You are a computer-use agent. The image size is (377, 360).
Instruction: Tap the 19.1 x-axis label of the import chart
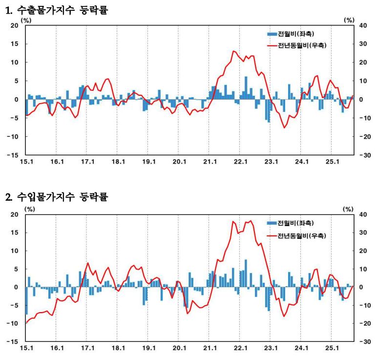pyautogui.click(x=148, y=348)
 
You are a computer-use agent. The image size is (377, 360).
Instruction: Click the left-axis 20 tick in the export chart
pyautogui.click(x=15, y=25)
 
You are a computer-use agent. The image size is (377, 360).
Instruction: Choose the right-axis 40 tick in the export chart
pyautogui.click(x=363, y=25)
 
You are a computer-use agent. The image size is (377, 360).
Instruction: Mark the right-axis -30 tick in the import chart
pyautogui.click(x=364, y=341)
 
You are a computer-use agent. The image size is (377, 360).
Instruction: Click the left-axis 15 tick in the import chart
pyautogui.click(x=15, y=233)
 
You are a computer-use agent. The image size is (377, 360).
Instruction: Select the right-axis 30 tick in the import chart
pyautogui.click(x=363, y=233)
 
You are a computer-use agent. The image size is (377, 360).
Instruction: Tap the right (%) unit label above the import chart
pyautogui.click(x=348, y=209)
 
